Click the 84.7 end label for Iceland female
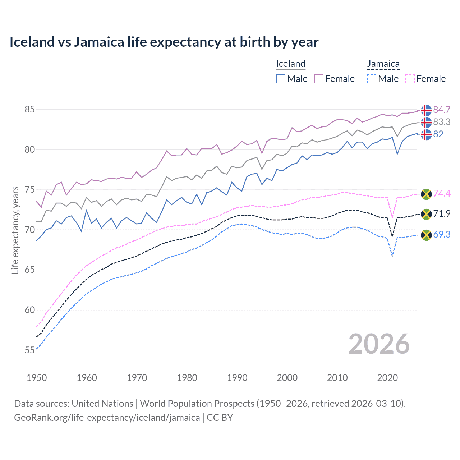[442, 110]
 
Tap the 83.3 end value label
[442, 122]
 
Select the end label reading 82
[438, 134]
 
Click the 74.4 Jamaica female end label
[442, 193]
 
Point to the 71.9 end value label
[442, 213]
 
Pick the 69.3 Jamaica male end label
[442, 234]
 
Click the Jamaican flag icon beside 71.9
[426, 214]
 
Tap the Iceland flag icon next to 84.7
[426, 110]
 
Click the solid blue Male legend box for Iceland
[281, 79]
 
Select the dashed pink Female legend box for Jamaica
[410, 79]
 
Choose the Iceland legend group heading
[290, 64]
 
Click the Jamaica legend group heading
[383, 64]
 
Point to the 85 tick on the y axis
[29, 109]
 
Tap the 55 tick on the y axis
[29, 350]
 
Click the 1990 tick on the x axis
[237, 378]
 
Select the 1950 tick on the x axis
[37, 378]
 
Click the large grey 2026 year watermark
[379, 344]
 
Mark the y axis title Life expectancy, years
[15, 230]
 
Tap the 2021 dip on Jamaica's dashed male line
[392, 256]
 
